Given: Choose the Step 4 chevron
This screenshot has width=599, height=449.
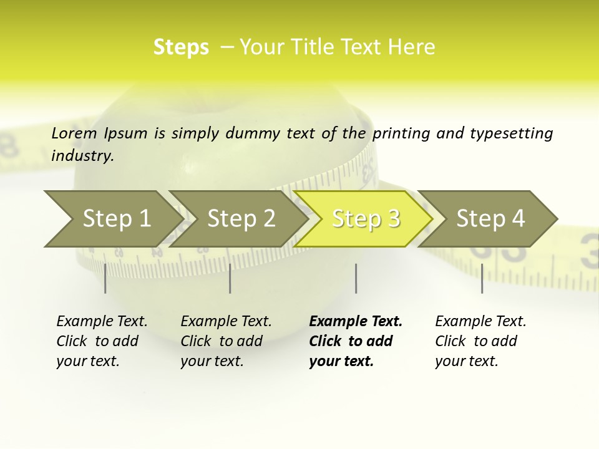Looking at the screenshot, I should point(490,219).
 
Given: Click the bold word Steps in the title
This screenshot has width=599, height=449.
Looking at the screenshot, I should point(181,47).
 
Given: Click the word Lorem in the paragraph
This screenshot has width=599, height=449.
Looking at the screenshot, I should point(74,133).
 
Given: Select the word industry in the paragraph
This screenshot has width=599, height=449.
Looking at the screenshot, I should point(82,156).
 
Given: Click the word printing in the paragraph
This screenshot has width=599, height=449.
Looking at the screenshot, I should point(399,133).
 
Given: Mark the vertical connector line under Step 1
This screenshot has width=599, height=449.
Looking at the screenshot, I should point(105,278).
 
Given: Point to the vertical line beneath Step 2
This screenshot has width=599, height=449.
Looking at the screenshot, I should point(230,278).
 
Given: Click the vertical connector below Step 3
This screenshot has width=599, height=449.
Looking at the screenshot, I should point(356,278).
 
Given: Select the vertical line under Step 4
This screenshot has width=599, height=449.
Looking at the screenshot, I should point(482,278).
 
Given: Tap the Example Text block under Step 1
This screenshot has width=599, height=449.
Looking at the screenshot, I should point(102,341).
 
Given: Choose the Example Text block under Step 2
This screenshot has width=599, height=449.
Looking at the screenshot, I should point(226,341).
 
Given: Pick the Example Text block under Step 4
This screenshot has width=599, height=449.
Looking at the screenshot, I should point(480,341).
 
